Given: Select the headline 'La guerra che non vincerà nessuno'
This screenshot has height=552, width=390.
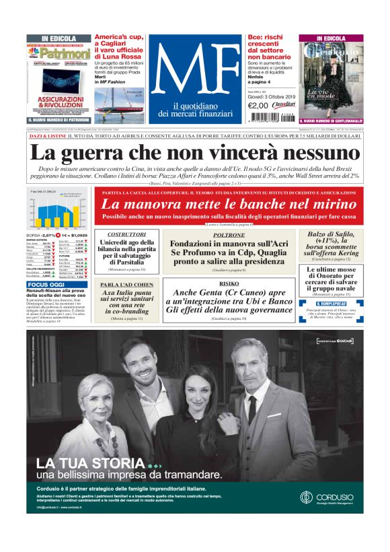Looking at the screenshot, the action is tap(194, 152).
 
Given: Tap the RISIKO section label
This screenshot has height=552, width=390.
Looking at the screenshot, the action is tap(229, 284).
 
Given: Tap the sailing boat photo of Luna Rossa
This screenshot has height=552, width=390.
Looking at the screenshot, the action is tap(120, 101).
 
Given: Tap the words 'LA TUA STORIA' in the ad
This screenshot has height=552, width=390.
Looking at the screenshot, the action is tap(91, 464).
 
